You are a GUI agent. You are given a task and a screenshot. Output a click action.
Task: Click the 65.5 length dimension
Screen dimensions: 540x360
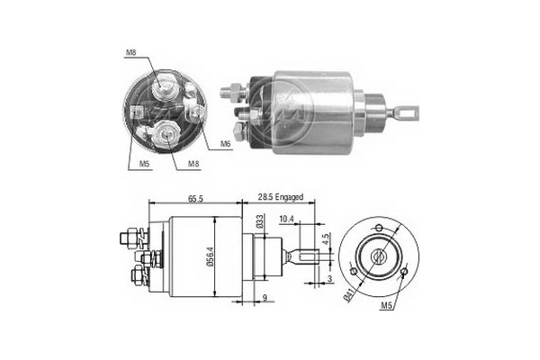coord(195,198)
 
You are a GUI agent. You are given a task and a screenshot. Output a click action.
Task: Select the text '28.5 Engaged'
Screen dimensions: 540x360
coord(281,197)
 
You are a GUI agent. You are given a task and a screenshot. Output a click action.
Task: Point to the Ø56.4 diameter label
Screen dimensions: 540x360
coord(211,256)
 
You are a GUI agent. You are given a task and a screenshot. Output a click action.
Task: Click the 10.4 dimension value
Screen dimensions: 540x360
coord(286,219)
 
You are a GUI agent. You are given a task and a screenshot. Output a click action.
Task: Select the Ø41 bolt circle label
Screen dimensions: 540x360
coord(348,295)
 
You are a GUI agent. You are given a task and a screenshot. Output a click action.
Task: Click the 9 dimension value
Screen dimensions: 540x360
coord(265,298)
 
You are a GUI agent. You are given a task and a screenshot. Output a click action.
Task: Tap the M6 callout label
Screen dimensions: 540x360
coord(225,144)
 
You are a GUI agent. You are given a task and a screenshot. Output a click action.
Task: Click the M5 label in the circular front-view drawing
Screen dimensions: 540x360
coord(387,305)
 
